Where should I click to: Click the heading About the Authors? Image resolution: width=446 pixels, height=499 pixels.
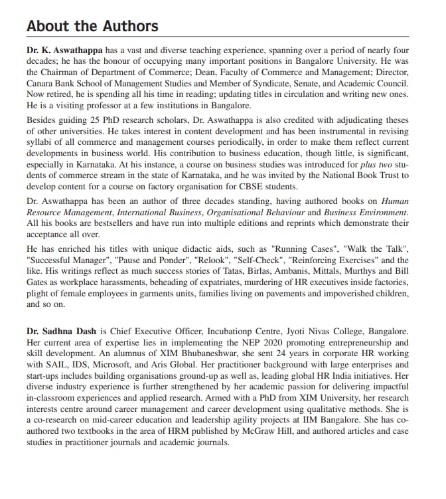pyautogui.click(x=92, y=27)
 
